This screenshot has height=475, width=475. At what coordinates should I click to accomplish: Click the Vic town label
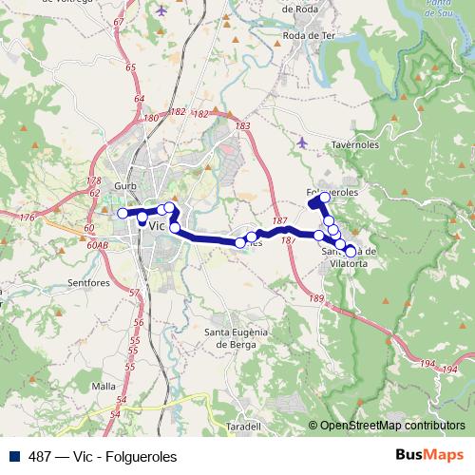158,227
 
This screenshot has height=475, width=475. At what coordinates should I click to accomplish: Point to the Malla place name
104,387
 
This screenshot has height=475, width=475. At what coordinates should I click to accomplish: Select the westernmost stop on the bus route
122,213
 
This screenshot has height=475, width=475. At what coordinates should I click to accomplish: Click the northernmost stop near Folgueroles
325,197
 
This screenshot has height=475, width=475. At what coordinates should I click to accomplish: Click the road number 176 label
27,218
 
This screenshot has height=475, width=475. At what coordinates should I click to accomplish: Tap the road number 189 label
316,299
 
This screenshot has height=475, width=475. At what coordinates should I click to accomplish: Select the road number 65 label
130,66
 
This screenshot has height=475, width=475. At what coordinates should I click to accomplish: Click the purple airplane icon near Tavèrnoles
302,142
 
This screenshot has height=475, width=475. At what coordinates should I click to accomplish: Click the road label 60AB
96,245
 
